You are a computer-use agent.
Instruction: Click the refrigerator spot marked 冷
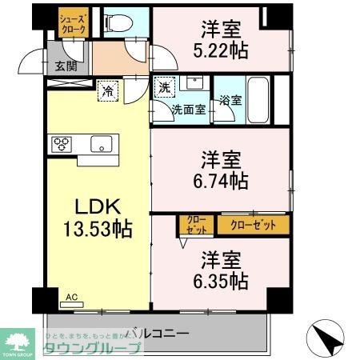tap(106, 90)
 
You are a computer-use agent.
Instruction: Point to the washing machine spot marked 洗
tap(164, 87)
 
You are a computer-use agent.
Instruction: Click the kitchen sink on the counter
tap(102, 144)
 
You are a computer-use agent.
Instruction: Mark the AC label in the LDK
tap(72, 297)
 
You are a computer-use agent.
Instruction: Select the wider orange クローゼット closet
tap(253, 225)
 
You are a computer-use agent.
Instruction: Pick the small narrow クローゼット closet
tap(195, 225)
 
